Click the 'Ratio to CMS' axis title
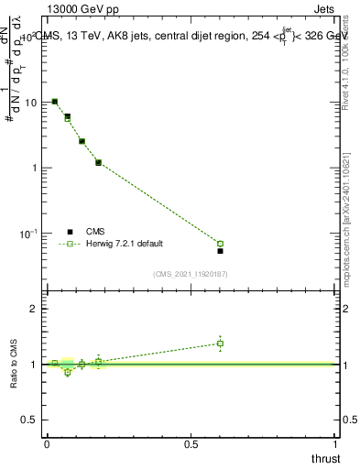(x=15, y=364)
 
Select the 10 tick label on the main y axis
(x=30, y=103)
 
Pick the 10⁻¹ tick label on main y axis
(x=28, y=234)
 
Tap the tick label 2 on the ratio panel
(x=33, y=309)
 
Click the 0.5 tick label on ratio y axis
(x=29, y=420)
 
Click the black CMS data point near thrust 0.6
(x=220, y=250)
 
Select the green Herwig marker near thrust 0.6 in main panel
(x=220, y=244)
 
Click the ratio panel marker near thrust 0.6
(x=220, y=344)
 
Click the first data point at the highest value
(x=55, y=102)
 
